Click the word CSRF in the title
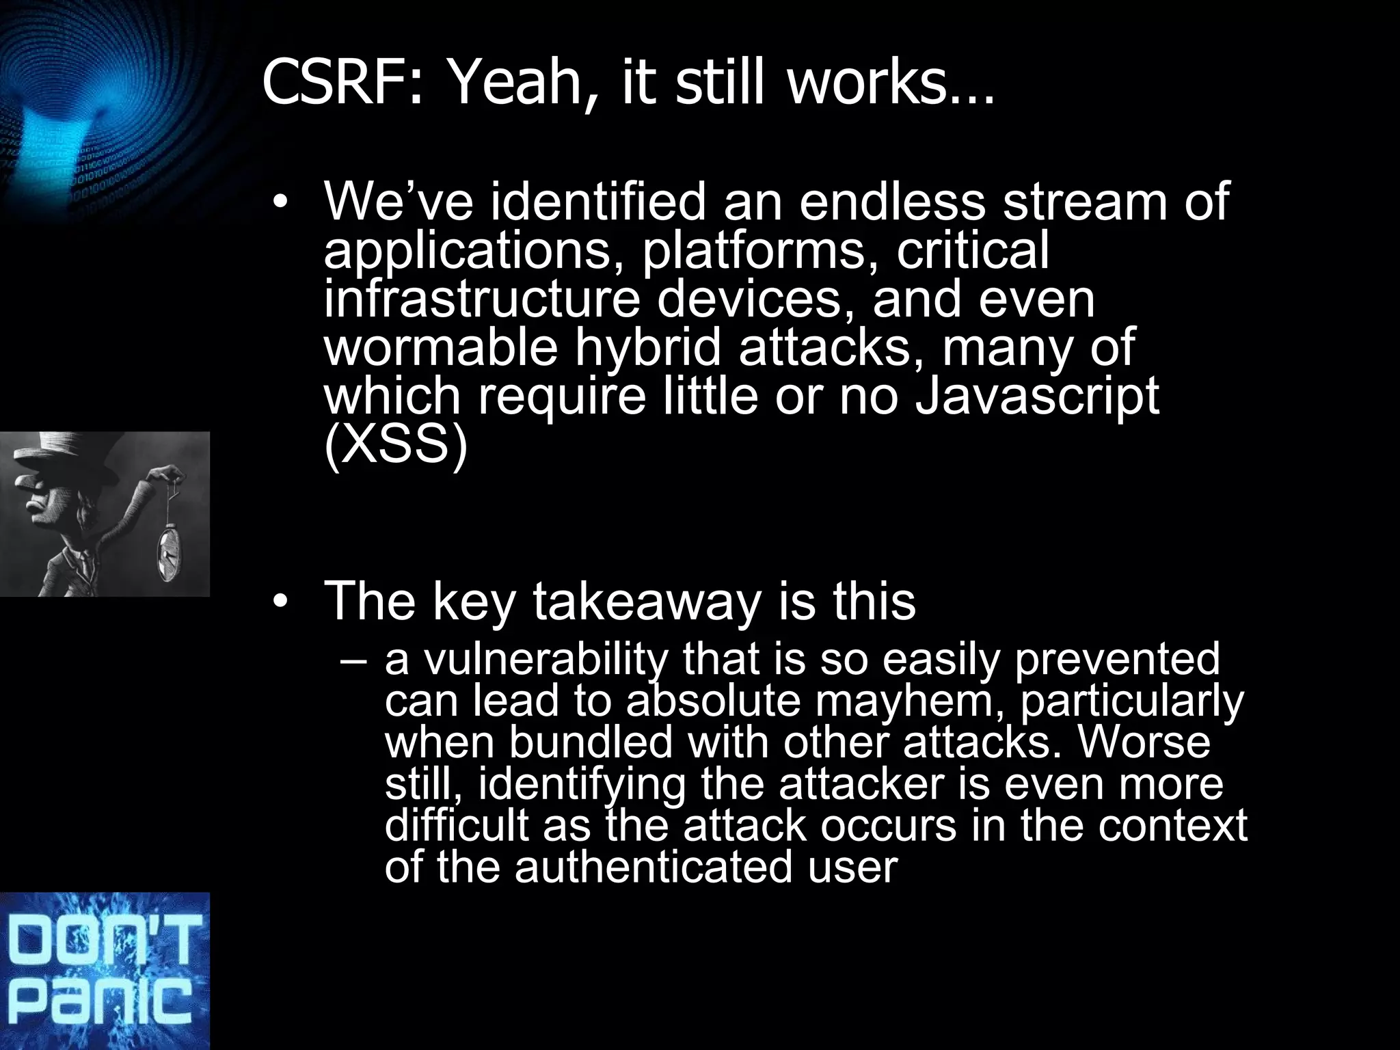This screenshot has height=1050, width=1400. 335,83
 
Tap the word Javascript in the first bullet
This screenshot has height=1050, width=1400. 1036,399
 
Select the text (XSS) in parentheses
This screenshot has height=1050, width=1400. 396,448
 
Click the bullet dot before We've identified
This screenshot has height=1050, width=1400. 280,203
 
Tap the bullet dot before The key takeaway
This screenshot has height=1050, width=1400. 280,602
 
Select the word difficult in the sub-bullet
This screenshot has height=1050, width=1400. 457,826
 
